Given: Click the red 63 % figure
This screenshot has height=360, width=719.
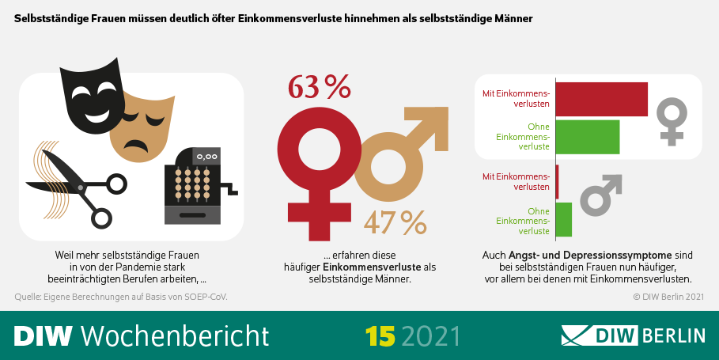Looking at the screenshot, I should [x=319, y=87].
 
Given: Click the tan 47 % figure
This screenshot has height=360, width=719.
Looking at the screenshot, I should [x=395, y=223].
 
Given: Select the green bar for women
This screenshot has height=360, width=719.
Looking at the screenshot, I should [x=588, y=136].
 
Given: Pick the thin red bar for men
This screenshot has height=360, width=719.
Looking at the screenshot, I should [x=558, y=181].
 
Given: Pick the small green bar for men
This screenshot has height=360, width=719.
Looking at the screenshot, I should [x=564, y=220].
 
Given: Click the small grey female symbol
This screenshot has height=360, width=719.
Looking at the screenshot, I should [x=672, y=121].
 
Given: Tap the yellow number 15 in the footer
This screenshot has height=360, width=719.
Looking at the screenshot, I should [x=380, y=335].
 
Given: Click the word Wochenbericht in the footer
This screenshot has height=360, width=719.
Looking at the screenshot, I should [x=175, y=335].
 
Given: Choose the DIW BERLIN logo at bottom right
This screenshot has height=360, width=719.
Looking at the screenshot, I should [x=633, y=335].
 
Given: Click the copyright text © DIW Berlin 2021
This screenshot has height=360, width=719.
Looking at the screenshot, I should [x=668, y=297].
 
